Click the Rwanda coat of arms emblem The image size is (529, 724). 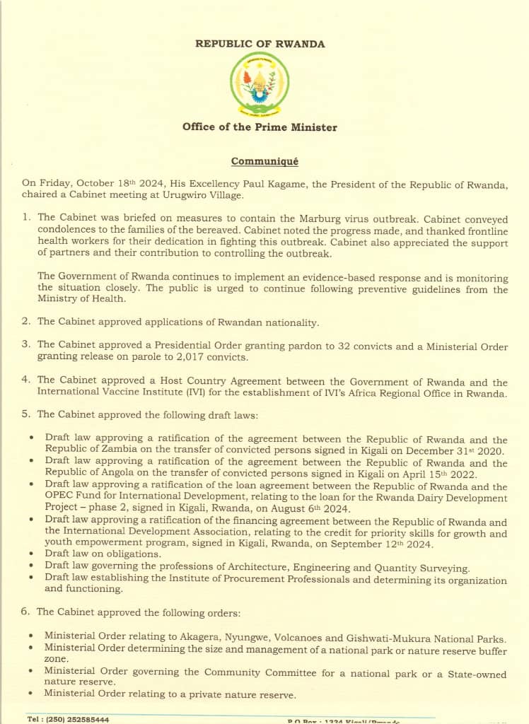260,84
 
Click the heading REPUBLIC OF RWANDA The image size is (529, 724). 260,44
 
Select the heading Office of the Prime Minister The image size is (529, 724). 260,128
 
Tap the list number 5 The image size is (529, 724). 25,414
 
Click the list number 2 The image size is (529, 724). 25,322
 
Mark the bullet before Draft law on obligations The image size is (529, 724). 32,556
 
